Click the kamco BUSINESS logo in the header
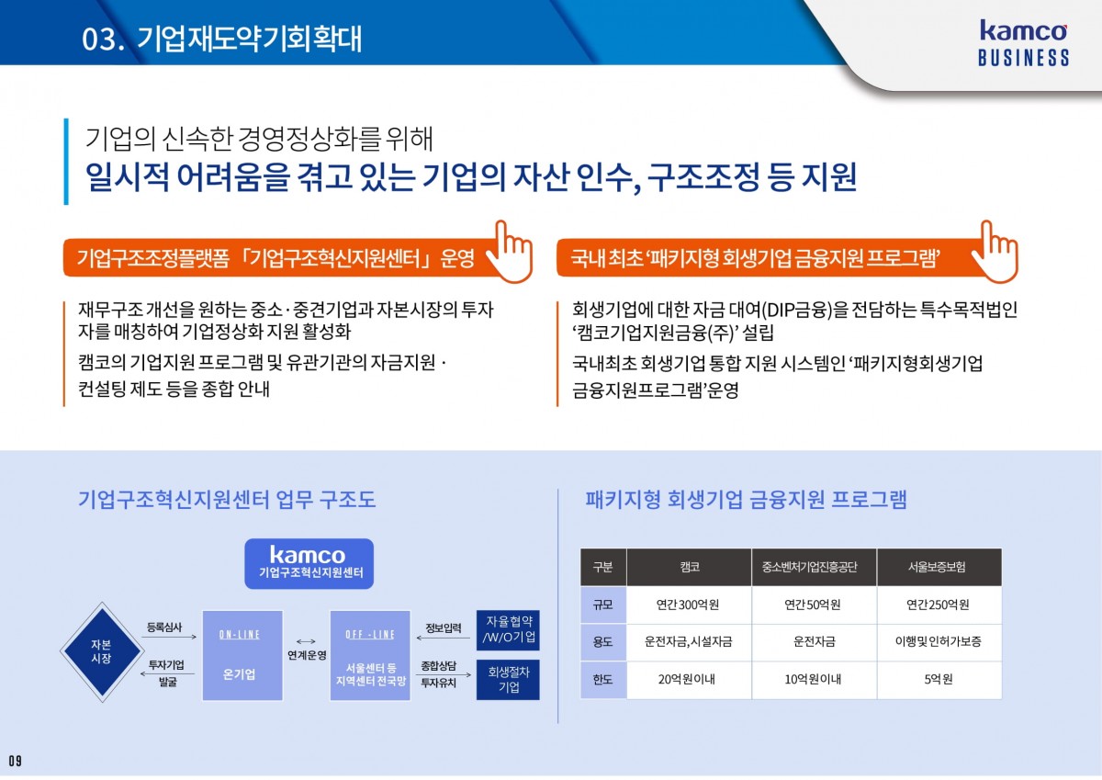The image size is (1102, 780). (1023, 43)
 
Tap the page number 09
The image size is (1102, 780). (15, 761)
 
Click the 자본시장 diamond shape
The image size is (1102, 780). (102, 652)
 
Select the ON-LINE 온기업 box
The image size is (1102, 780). (242, 655)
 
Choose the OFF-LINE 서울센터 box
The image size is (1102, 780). (370, 655)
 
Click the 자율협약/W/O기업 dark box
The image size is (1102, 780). (508, 630)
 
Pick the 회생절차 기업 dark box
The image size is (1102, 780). (508, 680)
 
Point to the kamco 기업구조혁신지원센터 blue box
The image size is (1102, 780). (309, 563)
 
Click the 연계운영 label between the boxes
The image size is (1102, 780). (307, 655)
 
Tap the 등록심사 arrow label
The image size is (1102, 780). (163, 627)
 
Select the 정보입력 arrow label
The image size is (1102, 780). (444, 627)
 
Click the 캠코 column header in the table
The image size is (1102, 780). (690, 567)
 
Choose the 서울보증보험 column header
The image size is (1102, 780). (939, 567)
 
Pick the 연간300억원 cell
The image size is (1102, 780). (688, 605)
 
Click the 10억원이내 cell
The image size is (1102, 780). (814, 679)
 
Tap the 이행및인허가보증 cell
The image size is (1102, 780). (939, 641)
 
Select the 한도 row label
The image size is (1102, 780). (603, 680)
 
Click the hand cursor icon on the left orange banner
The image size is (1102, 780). (511, 252)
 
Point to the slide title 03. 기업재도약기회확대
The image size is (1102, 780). (222, 39)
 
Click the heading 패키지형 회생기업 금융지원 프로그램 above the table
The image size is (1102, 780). (746, 499)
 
